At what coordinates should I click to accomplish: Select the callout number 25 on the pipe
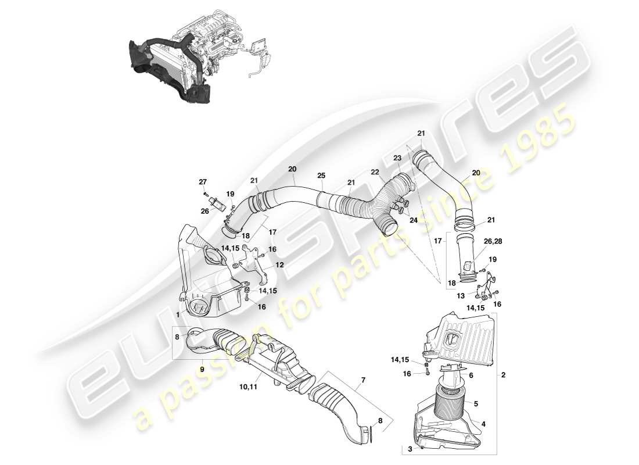point(321,175)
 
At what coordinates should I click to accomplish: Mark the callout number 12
point(279,265)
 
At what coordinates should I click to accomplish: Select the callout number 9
point(202,368)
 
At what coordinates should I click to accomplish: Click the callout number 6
point(471,376)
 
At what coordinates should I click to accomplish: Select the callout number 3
point(411,448)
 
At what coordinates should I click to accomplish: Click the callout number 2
point(503,375)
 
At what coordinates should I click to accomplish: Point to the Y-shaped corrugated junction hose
point(372,203)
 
